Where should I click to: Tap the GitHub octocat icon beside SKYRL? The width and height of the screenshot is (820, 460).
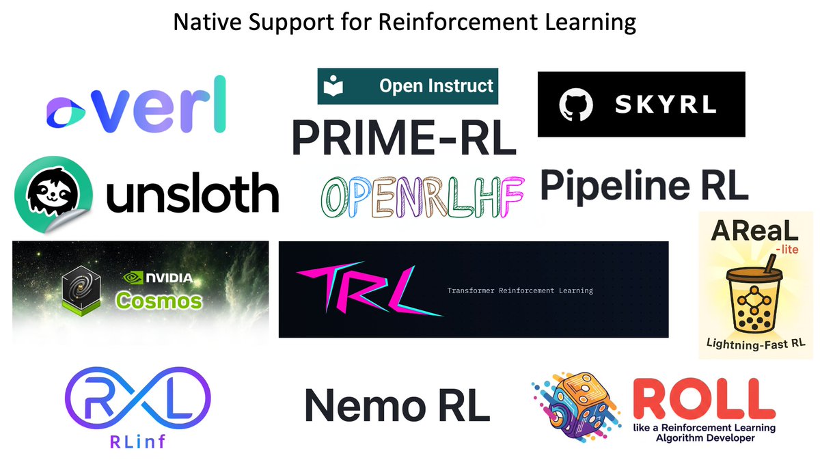(x=574, y=105)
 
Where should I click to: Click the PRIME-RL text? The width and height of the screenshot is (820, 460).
(x=403, y=137)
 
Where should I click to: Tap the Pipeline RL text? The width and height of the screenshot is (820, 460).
(x=644, y=185)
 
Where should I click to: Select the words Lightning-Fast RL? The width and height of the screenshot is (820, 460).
(x=756, y=342)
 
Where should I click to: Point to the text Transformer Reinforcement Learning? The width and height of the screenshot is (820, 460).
(x=520, y=290)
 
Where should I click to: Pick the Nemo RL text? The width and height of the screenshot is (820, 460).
(x=396, y=405)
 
